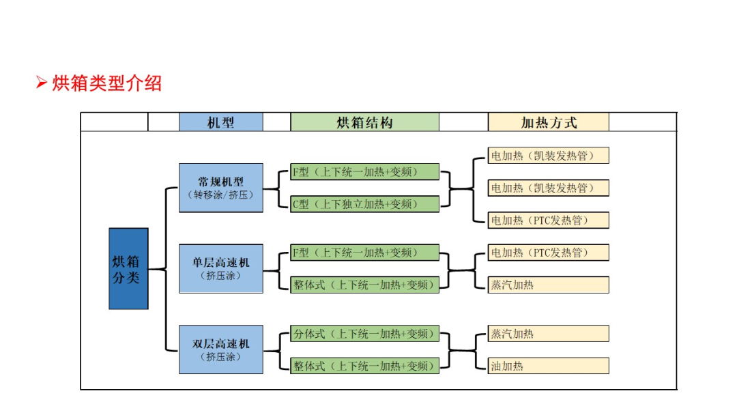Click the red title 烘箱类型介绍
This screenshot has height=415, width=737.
[106, 84]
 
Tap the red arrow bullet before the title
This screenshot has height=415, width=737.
[42, 83]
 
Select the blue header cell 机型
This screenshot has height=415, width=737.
[221, 122]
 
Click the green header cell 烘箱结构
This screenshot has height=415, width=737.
[364, 122]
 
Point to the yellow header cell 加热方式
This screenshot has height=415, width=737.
[549, 122]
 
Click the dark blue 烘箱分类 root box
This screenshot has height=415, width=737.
[128, 269]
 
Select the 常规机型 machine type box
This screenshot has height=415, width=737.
[221, 188]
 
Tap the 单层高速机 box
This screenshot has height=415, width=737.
[221, 269]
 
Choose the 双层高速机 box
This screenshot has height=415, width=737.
[221, 349]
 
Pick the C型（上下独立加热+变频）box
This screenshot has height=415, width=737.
[364, 205]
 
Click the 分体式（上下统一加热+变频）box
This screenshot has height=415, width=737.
[364, 334]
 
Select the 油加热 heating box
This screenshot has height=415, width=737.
[549, 366]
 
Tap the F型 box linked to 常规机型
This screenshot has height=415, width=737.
[364, 172]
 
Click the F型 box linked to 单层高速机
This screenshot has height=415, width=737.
[364, 253]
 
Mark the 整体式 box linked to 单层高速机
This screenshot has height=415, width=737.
[364, 285]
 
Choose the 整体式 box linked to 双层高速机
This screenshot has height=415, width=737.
[364, 366]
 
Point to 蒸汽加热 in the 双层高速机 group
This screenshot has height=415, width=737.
[549, 334]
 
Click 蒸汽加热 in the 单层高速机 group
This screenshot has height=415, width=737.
[549, 285]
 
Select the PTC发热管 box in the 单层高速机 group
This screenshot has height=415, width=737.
[549, 253]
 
